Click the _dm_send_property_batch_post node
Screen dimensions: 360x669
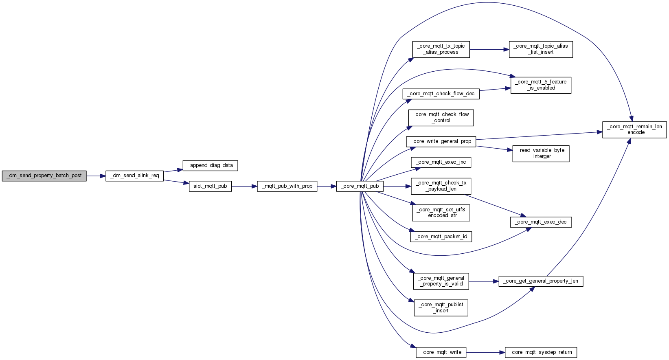[x=44, y=176]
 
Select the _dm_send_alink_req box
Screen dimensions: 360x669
[x=134, y=176]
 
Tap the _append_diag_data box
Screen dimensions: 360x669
[x=210, y=165]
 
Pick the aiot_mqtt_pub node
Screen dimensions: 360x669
[x=210, y=187]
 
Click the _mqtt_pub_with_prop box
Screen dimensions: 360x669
[x=287, y=187]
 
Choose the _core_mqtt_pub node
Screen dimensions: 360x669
[x=360, y=187]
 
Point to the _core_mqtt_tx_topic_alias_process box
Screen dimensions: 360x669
[x=441, y=49]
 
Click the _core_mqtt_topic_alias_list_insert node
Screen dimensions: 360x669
[x=541, y=49]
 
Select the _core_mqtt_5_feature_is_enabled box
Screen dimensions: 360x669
[x=541, y=85]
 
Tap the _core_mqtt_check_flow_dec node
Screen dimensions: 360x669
[x=441, y=94]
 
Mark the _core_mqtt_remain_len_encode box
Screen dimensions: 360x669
[x=634, y=130]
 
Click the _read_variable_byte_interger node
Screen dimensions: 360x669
[x=541, y=154]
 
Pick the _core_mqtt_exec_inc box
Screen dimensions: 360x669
[x=441, y=162]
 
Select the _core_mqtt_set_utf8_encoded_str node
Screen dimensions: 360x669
[x=441, y=213]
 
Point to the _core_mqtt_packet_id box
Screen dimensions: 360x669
[x=441, y=237]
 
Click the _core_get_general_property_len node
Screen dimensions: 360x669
[x=541, y=281]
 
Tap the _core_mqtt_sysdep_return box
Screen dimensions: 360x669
[x=541, y=352]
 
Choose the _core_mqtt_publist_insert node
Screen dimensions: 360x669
[x=441, y=308]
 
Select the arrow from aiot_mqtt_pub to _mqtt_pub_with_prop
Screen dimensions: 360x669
[x=244, y=187]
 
